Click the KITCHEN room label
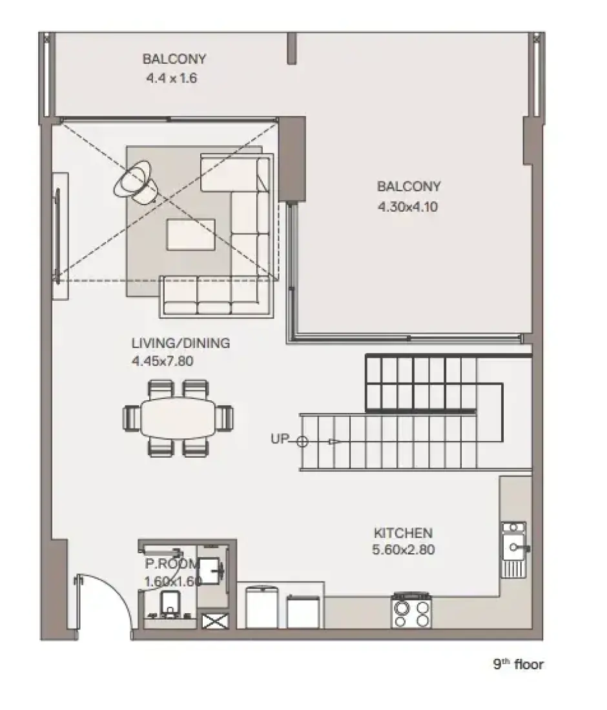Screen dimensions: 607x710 click(403, 532)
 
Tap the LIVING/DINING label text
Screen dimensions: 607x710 click(181, 343)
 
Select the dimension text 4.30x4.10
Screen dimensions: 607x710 click(407, 207)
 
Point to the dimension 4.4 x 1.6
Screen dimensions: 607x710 click(172, 78)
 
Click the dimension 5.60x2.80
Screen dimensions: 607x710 click(404, 550)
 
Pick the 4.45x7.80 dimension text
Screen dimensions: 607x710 click(163, 361)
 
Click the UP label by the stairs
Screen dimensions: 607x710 click(280, 439)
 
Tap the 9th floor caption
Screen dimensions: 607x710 click(519, 664)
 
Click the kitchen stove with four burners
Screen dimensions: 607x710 click(411, 611)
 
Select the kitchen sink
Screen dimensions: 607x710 click(514, 549)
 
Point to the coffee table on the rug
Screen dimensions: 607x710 click(190, 234)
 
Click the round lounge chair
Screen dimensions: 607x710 click(136, 182)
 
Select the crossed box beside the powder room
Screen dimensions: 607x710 click(216, 621)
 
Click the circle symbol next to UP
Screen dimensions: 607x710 click(302, 441)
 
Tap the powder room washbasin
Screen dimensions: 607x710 click(211, 571)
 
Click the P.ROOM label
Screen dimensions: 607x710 click(172, 563)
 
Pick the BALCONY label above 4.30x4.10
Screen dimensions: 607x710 click(409, 186)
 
